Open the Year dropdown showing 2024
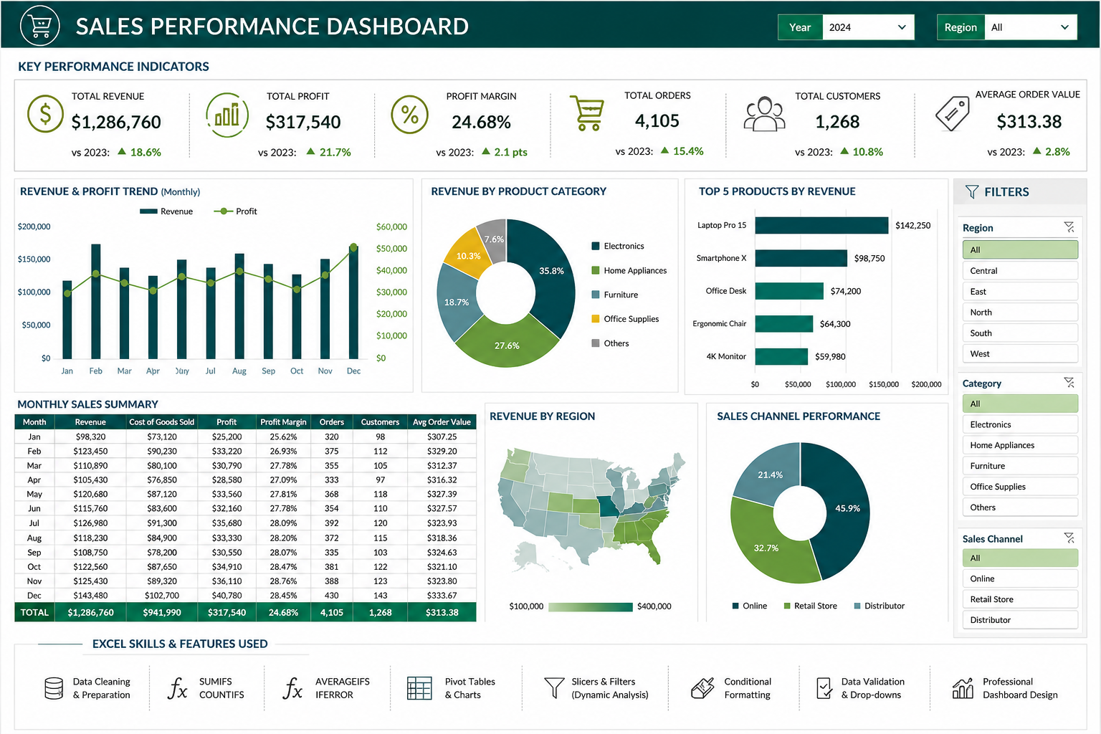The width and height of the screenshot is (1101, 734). pyautogui.click(x=867, y=27)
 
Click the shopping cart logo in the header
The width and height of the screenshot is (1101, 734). pyautogui.click(x=40, y=26)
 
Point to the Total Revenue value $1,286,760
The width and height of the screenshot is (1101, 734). pyautogui.click(x=116, y=122)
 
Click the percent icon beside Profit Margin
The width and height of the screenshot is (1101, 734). pyautogui.click(x=409, y=115)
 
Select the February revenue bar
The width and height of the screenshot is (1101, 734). pyautogui.click(x=96, y=301)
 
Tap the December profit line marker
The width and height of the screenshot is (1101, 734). pyautogui.click(x=353, y=247)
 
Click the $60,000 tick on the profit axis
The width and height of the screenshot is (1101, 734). pyautogui.click(x=392, y=227)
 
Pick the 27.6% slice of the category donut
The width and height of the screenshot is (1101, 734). pyautogui.click(x=507, y=343)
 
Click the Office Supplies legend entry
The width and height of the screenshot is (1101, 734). pyautogui.click(x=625, y=318)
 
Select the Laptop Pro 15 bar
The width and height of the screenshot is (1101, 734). pyautogui.click(x=822, y=225)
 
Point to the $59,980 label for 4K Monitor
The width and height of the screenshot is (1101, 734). pyautogui.click(x=830, y=356)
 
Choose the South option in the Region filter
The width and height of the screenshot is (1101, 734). pyautogui.click(x=1020, y=333)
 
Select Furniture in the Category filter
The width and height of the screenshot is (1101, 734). pyautogui.click(x=1020, y=466)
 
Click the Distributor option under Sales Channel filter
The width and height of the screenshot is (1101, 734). pyautogui.click(x=1020, y=620)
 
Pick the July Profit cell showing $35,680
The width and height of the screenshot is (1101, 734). pyautogui.click(x=227, y=523)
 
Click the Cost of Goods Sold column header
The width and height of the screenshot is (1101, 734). pyautogui.click(x=162, y=421)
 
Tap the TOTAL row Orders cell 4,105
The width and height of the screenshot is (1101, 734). pyautogui.click(x=332, y=613)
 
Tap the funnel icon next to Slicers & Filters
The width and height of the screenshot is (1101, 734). pyautogui.click(x=554, y=688)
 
